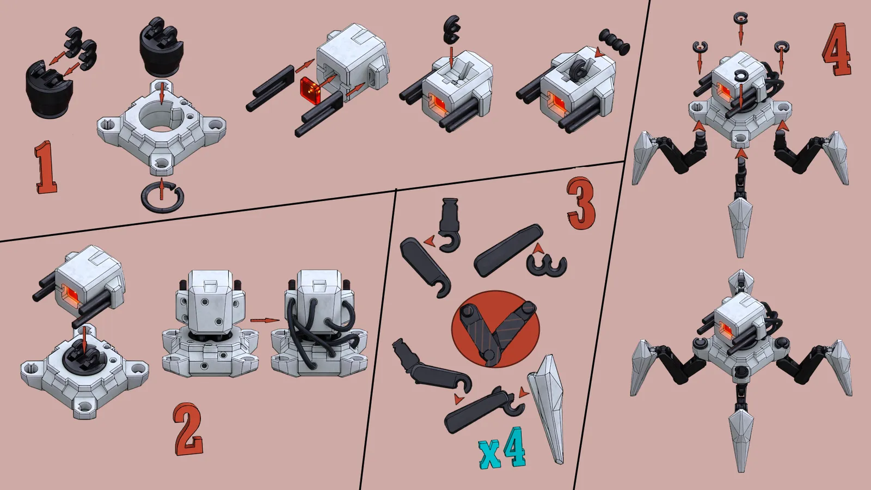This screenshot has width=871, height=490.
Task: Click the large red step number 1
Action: click(x=46, y=167)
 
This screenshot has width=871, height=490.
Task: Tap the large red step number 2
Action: click(x=188, y=429)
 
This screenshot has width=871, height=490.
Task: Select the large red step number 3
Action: click(x=581, y=204)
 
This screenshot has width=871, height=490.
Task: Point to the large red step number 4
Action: click(x=836, y=50)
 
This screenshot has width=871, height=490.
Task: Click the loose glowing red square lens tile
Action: click(x=310, y=90)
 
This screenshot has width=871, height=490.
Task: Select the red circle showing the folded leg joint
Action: click(x=495, y=329)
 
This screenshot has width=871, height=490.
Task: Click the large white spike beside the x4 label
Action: click(x=545, y=408)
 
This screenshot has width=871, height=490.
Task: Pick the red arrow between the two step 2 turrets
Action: click(x=265, y=321)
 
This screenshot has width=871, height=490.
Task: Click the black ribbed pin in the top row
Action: click(x=614, y=41)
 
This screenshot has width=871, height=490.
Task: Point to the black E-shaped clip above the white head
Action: click(x=451, y=29)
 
